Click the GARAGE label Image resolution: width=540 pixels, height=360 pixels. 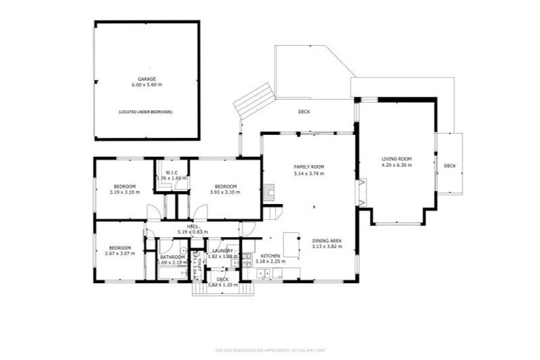click(x=147, y=79)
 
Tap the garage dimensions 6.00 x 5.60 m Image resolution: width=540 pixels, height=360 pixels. click(x=147, y=85)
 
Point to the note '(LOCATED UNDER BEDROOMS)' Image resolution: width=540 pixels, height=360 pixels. click(x=146, y=112)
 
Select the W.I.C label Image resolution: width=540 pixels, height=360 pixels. click(x=172, y=173)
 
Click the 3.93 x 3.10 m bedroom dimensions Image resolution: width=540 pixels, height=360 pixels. click(x=225, y=192)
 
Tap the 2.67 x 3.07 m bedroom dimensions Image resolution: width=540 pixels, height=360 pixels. click(x=120, y=253)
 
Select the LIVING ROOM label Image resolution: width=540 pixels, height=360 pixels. click(x=397, y=159)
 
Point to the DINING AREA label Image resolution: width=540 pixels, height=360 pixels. click(x=327, y=241)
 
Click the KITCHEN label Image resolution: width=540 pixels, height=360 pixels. click(x=271, y=256)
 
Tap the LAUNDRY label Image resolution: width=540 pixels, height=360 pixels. click(x=223, y=251)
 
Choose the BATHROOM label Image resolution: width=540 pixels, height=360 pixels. click(x=172, y=257)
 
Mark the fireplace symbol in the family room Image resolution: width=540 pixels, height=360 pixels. click(x=270, y=189)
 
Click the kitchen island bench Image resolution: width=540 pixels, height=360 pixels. click(x=292, y=238)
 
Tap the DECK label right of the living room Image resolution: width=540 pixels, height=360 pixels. click(x=450, y=166)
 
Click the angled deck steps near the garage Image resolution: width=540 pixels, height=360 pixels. click(x=254, y=101)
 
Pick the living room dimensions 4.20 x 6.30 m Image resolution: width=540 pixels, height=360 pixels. click(x=397, y=166)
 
